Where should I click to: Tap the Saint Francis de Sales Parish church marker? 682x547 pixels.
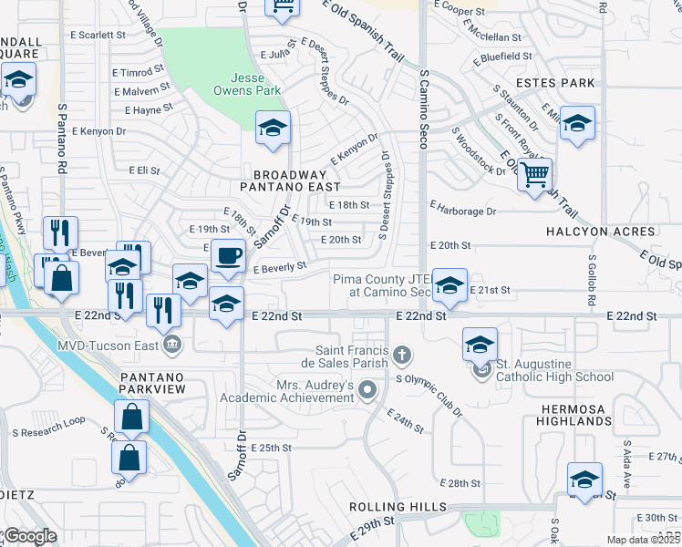pyautogui.click(x=401, y=353)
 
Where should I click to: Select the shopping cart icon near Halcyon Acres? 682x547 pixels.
pyautogui.click(x=534, y=172)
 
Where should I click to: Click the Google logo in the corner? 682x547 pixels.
pyautogui.click(x=30, y=536)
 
